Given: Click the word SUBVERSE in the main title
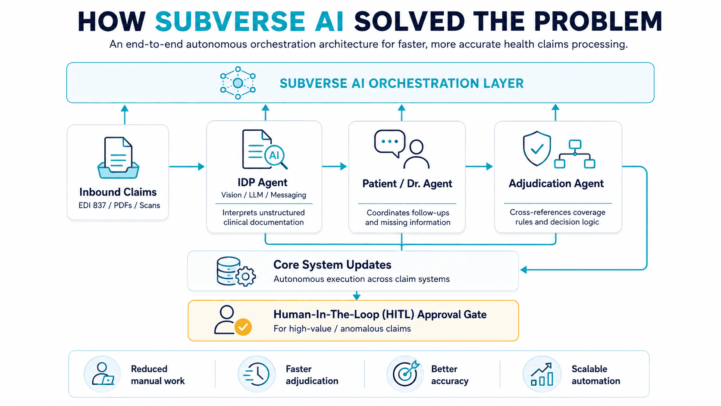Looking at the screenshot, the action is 230,22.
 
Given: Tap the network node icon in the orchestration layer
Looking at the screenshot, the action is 238,83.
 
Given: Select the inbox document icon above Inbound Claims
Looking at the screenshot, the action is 118,158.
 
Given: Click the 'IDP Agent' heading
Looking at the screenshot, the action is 262,182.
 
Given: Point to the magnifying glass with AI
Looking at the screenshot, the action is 276,157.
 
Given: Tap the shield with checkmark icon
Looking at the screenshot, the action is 536,148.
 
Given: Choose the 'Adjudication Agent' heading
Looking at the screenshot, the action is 556,183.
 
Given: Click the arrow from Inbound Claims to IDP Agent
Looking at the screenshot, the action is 187,167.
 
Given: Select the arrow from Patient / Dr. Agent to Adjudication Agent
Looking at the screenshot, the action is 479,167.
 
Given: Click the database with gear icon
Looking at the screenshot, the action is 236,271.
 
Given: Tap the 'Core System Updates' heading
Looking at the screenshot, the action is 332,264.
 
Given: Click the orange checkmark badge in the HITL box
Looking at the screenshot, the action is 243,327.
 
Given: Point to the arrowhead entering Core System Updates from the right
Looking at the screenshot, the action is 524,270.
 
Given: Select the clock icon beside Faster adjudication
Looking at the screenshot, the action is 257,374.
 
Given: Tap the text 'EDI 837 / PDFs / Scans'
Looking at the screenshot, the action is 119,205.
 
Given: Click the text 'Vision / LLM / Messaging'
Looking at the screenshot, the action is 263,195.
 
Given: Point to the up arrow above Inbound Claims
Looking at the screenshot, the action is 125,114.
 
